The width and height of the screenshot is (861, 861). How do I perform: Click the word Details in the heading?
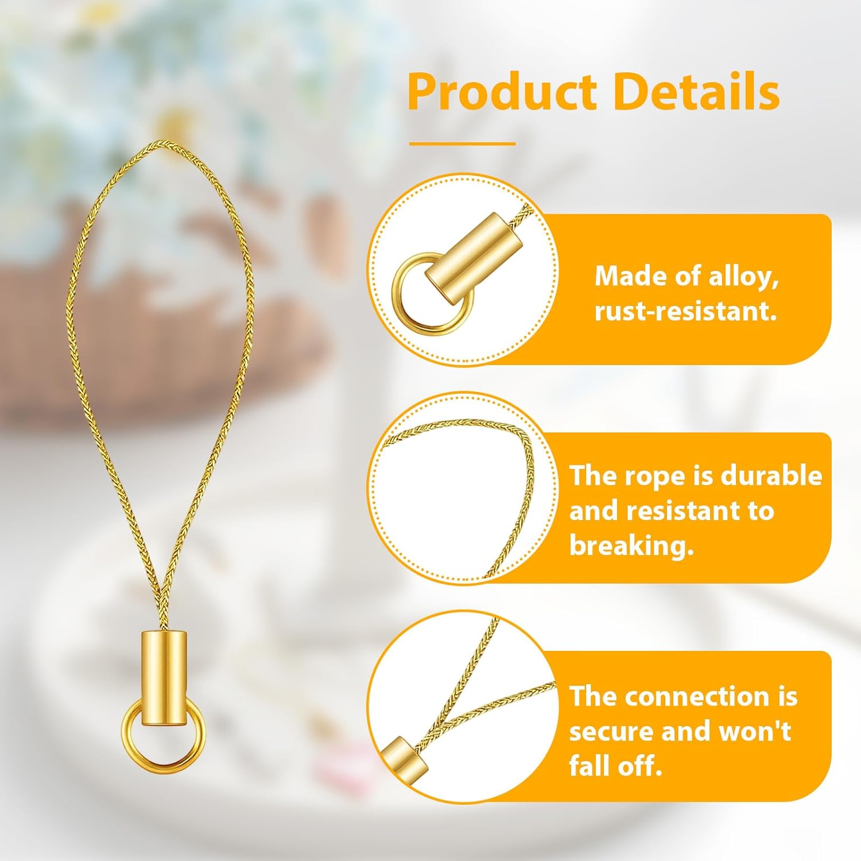696,92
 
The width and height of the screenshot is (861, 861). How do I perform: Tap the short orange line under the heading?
462,143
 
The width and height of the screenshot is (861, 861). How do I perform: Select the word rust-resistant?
685,311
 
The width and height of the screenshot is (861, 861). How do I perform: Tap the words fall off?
615,766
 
